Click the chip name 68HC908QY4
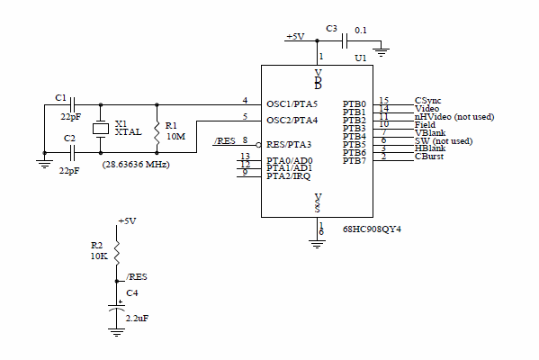372,229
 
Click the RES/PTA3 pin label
289,144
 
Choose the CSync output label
427,100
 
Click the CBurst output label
429,157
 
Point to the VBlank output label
429,132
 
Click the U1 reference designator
361,58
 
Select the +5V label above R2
127,221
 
